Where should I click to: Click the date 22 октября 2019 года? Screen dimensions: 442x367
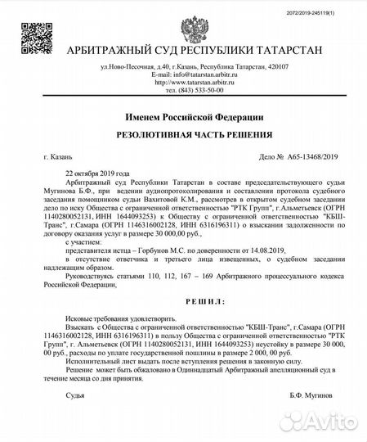point(96,175)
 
